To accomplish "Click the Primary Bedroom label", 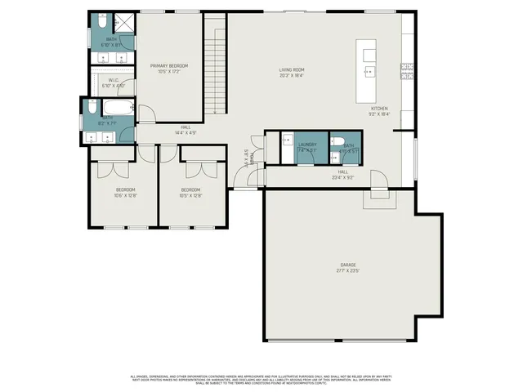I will click(169, 65).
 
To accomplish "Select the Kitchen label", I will click(380, 109).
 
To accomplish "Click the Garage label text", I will click(348, 265).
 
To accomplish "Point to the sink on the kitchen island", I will click(369, 71).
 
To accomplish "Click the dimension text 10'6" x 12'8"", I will click(126, 196).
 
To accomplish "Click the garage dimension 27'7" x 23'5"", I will click(348, 271).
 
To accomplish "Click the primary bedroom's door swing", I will click(144, 114).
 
